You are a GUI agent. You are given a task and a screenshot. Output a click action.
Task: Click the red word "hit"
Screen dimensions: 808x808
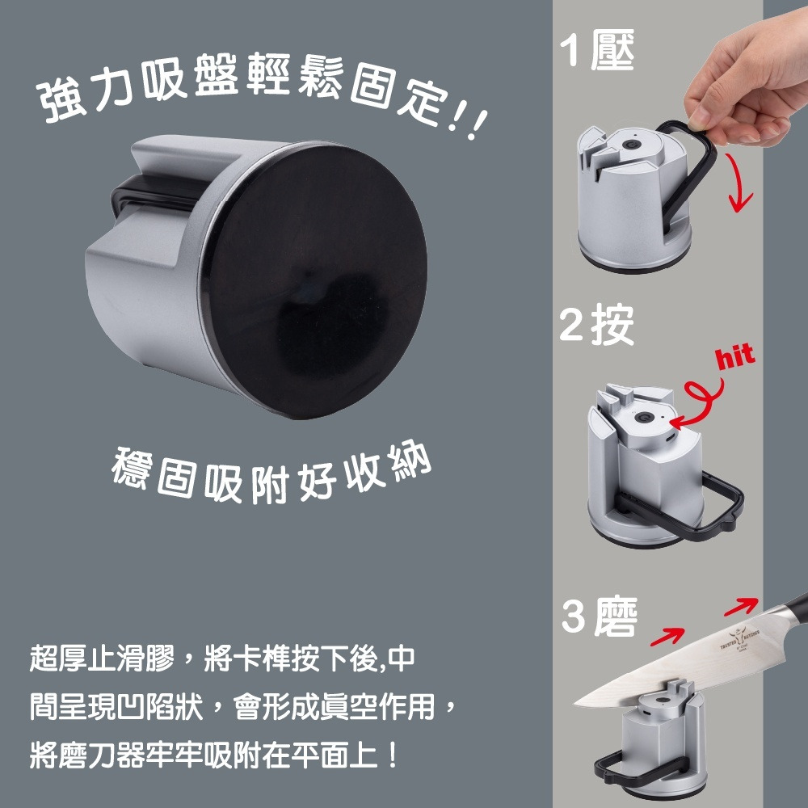(x=735, y=356)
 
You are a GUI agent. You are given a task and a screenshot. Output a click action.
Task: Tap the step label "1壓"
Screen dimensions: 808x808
(x=597, y=49)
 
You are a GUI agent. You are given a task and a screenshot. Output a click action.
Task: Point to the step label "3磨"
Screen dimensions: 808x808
(x=600, y=616)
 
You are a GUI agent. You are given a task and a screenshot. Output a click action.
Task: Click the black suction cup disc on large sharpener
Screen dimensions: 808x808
(x=314, y=281)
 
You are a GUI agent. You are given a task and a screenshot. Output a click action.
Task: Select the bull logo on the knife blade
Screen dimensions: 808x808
(x=742, y=637)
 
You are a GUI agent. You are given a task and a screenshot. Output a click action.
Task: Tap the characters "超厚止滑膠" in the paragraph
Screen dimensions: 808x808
(x=102, y=658)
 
